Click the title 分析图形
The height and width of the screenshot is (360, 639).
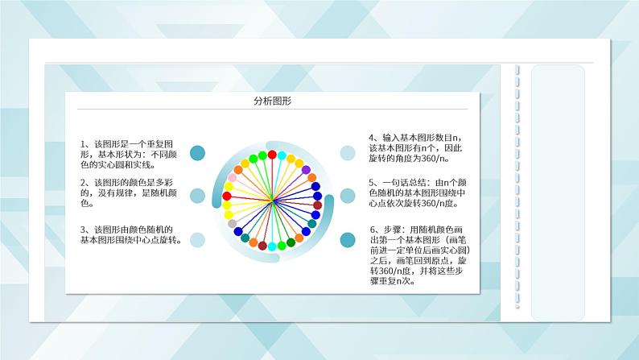coord(272,101)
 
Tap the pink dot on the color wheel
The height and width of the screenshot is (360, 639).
coord(233,178)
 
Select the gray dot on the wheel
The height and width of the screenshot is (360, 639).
coord(232,223)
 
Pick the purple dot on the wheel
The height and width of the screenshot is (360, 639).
coord(306,170)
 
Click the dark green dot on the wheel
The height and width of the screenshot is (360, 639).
coord(291,242)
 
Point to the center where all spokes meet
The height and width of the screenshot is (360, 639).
coord(272,200)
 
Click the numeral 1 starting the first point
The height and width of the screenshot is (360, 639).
coord(82,144)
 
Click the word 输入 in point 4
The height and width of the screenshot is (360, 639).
coord(391,138)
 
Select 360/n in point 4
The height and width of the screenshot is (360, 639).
coord(433,159)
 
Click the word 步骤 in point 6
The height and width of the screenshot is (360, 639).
coord(392,230)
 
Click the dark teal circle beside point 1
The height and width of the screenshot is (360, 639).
coord(198,153)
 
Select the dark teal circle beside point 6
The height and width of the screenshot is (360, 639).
coord(348,240)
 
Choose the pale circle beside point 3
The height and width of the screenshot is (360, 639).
coord(198,240)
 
